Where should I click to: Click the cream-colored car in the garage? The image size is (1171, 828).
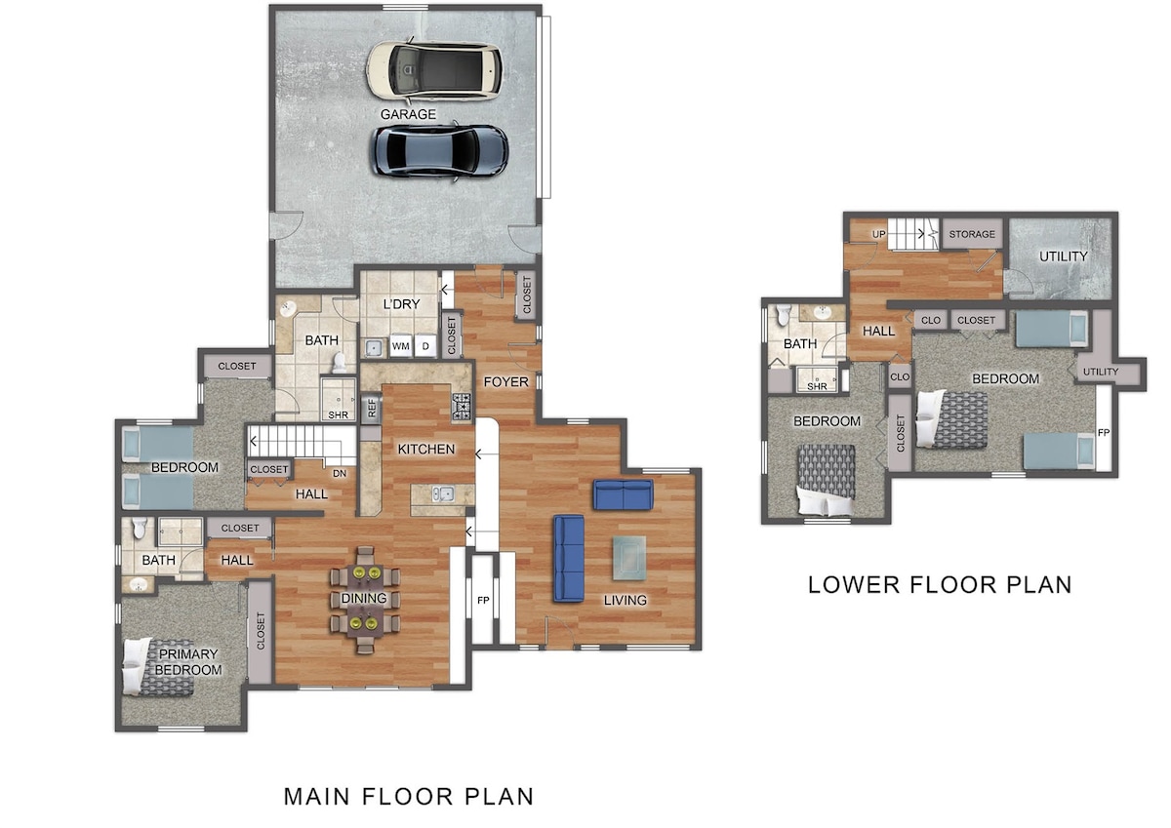tap(434, 70)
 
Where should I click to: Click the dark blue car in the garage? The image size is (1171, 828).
tap(439, 151)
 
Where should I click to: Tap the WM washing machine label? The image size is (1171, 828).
tap(401, 346)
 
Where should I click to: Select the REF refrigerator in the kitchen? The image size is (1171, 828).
tap(372, 408)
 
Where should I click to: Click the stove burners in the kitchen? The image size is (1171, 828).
tap(462, 406)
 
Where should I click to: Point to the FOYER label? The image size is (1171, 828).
tap(506, 382)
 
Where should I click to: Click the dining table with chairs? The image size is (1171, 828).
tap(365, 599)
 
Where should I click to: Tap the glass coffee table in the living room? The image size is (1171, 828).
tap(629, 558)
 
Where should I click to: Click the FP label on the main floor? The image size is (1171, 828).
tap(483, 600)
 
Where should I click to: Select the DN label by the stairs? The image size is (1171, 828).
tap(340, 473)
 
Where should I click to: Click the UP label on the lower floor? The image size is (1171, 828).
tap(879, 234)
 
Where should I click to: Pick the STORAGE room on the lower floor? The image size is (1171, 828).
tap(972, 234)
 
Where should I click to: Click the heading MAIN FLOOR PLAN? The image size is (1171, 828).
tap(409, 797)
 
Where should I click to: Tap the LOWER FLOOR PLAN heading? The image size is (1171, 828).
tap(940, 584)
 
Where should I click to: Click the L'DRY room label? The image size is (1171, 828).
tap(401, 304)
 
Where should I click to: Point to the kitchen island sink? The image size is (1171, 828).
tap(443, 493)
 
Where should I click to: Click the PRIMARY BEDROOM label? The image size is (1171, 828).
tap(188, 661)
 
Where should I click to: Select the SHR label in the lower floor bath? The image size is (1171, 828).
tap(817, 386)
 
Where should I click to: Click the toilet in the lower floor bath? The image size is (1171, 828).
tap(784, 316)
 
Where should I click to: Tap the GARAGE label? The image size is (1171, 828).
tap(408, 114)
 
